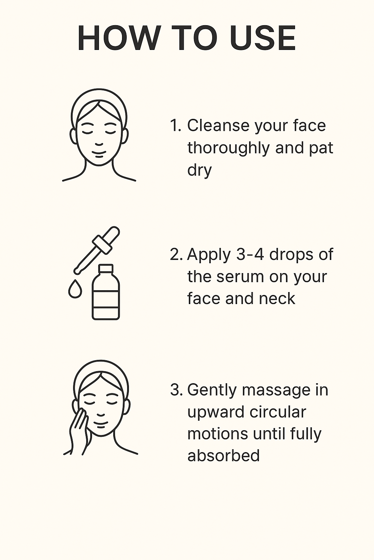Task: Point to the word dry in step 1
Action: [199, 170]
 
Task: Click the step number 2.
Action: [175, 255]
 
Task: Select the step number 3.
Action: [176, 390]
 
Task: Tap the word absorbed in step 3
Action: [223, 456]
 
